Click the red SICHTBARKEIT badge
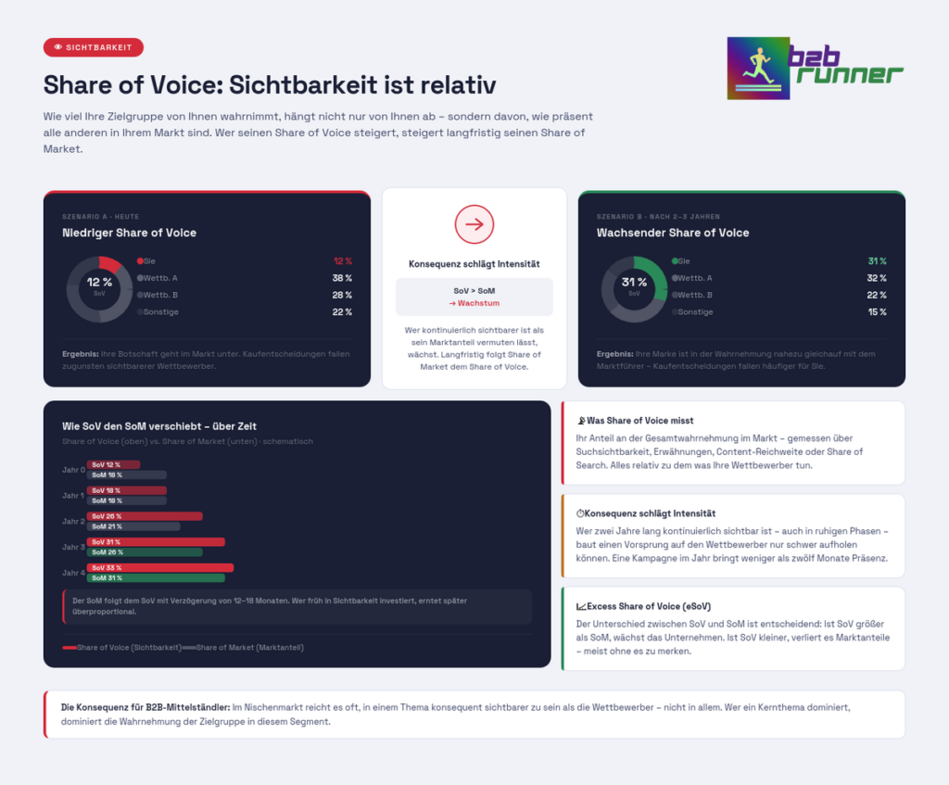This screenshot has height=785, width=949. (94, 47)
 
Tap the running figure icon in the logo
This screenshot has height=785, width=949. (757, 68)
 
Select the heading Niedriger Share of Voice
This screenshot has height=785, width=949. (129, 233)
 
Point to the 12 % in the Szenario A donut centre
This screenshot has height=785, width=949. (99, 282)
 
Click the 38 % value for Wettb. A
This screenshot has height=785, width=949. (342, 278)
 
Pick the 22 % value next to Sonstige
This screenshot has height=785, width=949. (342, 312)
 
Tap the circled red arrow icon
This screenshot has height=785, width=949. (474, 224)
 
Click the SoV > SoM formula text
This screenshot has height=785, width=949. (474, 291)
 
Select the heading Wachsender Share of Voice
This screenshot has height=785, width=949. (673, 233)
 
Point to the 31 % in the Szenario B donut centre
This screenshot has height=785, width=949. (634, 282)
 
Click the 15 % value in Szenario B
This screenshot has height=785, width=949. (877, 312)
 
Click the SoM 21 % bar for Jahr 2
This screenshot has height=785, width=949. (133, 526)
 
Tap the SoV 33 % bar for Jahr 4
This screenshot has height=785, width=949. (159, 568)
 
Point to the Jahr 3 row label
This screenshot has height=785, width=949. (73, 547)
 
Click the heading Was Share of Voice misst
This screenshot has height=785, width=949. (639, 421)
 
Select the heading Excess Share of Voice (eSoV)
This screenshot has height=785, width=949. (642, 606)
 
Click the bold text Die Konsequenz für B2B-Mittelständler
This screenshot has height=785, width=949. (146, 707)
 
